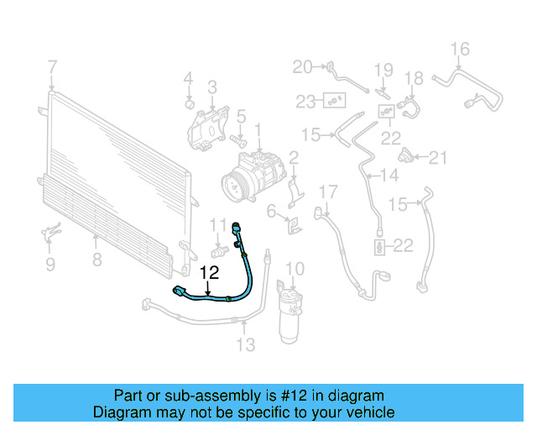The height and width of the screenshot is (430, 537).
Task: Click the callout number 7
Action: coord(52,67)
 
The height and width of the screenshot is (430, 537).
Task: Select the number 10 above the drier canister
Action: coord(293,269)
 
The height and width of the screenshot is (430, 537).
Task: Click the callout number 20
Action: coord(301,66)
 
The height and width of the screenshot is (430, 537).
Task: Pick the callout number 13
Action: coord(245,344)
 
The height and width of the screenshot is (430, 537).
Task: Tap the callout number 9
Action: coord(50,265)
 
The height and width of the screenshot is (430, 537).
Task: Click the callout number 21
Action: coord(439,156)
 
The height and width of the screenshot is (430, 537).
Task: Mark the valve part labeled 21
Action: coord(408,155)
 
